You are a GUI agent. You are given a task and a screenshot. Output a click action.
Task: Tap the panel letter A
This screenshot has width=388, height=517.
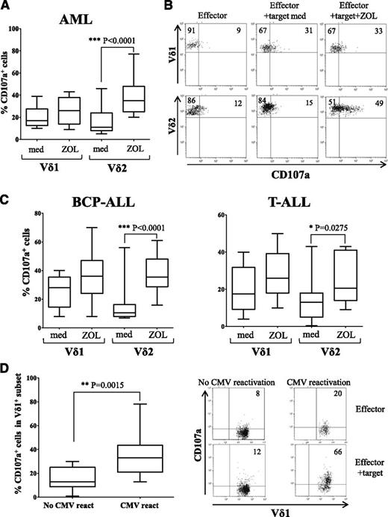(x=7, y=7)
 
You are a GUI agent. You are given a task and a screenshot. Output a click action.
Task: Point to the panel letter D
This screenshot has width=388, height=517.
(x=7, y=369)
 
